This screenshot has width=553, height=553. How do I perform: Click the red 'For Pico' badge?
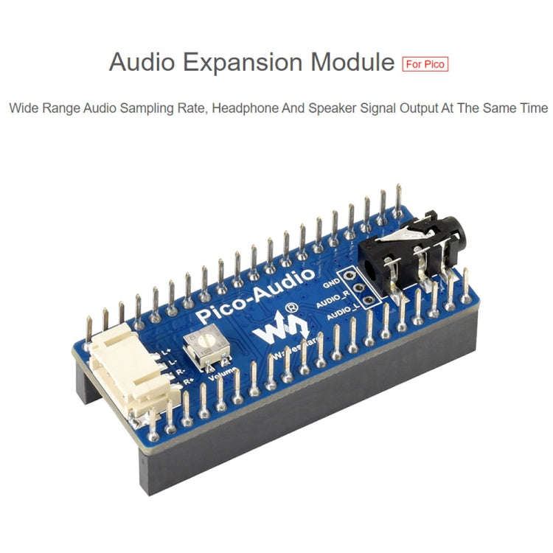pyautogui.click(x=425, y=63)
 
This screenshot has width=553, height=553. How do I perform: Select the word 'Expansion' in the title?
pyautogui.click(x=244, y=63)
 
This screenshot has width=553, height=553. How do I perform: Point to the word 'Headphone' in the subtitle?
pyautogui.click(x=245, y=108)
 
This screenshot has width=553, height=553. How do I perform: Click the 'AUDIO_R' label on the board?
pyautogui.click(x=331, y=302)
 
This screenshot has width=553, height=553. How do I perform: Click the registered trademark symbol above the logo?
pyautogui.click(x=292, y=306)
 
